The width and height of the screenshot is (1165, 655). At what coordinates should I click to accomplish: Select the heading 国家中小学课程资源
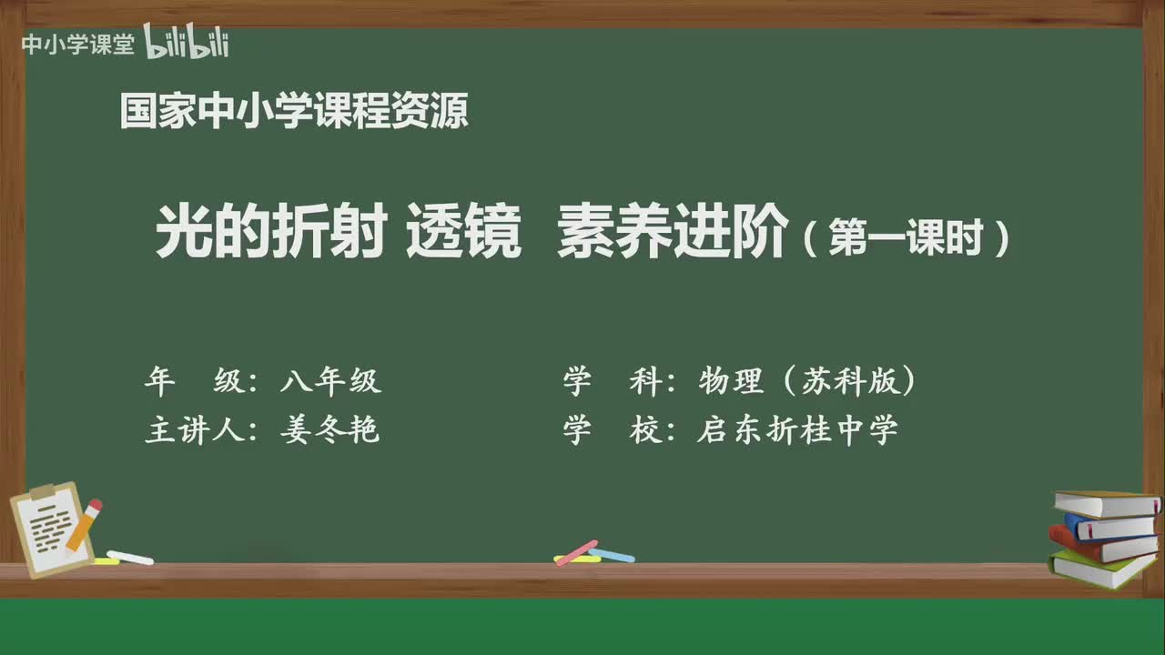coord(294,112)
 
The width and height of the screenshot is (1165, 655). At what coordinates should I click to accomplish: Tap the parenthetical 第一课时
coord(907,239)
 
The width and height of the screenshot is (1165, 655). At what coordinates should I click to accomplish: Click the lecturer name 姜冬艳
coord(329,430)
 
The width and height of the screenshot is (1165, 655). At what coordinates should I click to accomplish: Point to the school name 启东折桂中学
coord(797,430)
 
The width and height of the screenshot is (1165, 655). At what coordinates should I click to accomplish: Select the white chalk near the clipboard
coord(130,557)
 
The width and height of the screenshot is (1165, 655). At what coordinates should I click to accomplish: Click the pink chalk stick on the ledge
coord(575,551)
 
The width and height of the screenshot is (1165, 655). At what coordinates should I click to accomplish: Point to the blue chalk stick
coord(613,555)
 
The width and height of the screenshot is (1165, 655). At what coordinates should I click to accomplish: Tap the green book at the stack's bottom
coord(1101,569)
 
